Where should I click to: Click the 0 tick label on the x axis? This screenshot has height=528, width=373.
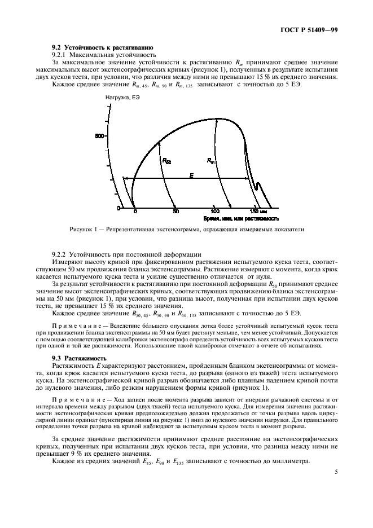tap(135, 212)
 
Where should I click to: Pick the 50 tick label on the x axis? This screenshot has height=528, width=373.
tap(175, 212)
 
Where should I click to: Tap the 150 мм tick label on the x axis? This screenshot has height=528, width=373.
tap(258, 212)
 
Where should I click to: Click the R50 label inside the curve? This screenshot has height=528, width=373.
tap(167, 161)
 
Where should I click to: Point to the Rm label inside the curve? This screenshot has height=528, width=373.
tap(210, 161)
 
